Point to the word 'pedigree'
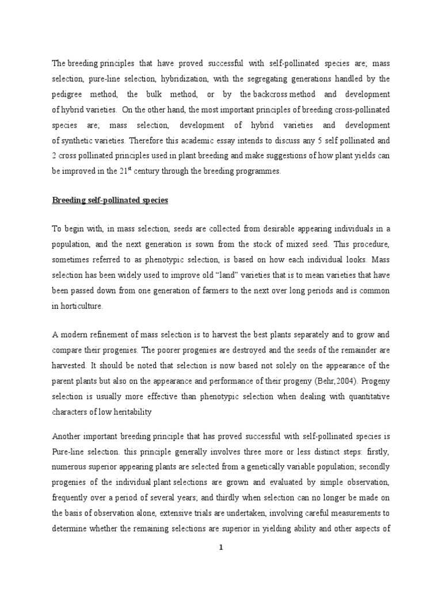(x=71, y=94)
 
